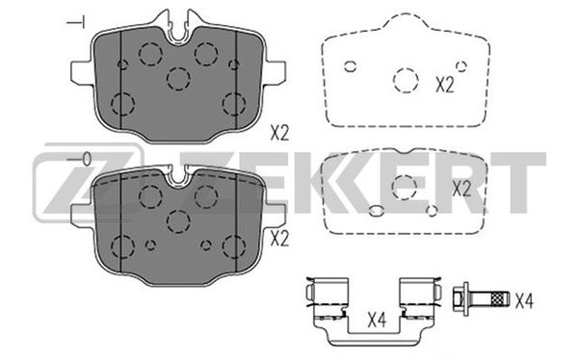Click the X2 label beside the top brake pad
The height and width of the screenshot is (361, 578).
coord(279,133)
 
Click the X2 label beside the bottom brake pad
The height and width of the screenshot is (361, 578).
coord(279,239)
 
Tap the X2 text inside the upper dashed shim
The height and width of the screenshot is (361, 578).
coord(445,85)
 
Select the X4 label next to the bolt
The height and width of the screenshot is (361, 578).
coord(524,300)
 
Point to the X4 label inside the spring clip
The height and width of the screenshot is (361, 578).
coord(377,320)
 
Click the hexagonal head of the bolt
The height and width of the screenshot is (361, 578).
coord(459,298)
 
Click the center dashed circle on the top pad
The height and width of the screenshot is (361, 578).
coord(178,79)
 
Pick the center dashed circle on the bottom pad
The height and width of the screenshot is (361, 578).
coord(178,221)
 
